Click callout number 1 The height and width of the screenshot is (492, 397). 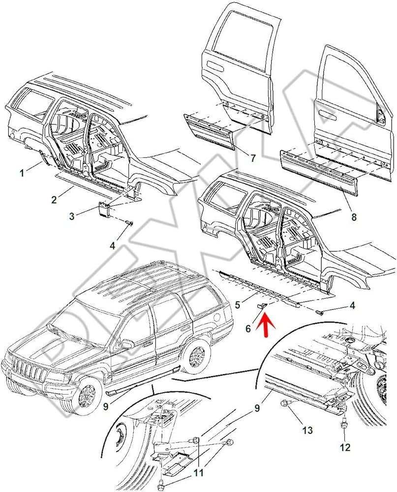(x=22, y=173)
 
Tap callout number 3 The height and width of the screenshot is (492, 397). (x=72, y=215)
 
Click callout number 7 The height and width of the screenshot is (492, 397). (x=253, y=158)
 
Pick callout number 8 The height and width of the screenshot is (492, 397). (x=354, y=216)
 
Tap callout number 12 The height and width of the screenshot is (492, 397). (x=345, y=447)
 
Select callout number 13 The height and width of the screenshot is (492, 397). (x=307, y=430)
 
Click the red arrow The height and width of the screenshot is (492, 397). (x=264, y=325)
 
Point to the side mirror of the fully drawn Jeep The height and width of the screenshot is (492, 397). (x=127, y=343)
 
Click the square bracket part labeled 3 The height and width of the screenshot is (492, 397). (x=105, y=209)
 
